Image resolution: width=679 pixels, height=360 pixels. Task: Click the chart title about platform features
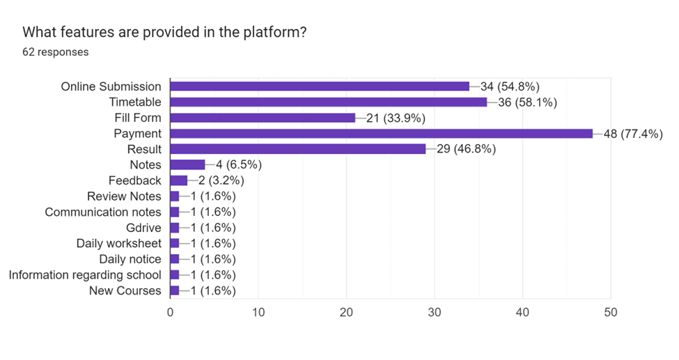pos(164,32)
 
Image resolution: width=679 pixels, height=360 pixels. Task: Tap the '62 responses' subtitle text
pos(56,52)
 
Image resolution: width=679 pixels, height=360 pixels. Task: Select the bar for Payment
pos(381,134)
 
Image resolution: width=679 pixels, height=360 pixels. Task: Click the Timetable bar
pos(329,102)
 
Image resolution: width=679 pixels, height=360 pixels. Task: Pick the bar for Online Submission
pos(320,86)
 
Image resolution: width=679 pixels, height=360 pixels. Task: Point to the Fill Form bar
pos(263,118)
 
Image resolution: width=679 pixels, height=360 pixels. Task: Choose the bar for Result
pos(298,149)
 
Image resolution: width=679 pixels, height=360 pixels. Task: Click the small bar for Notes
pos(187,165)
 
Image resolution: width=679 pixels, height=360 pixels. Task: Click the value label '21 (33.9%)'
pos(395,118)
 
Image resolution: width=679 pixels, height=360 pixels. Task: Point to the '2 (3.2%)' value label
pos(217,180)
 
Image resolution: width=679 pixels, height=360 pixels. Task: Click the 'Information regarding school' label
pos(85,274)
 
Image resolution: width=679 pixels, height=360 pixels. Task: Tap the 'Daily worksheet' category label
pos(119,243)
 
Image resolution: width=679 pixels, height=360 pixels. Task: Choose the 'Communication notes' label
pos(103,212)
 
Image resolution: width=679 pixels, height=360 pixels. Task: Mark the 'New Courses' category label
pos(125,290)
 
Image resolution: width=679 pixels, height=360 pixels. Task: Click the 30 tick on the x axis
pos(435,313)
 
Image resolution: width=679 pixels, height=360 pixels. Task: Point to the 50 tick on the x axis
pos(611,313)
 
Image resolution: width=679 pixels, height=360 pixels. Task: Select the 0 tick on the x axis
pos(171,313)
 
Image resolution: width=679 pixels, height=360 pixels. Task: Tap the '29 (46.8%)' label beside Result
pos(466,149)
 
